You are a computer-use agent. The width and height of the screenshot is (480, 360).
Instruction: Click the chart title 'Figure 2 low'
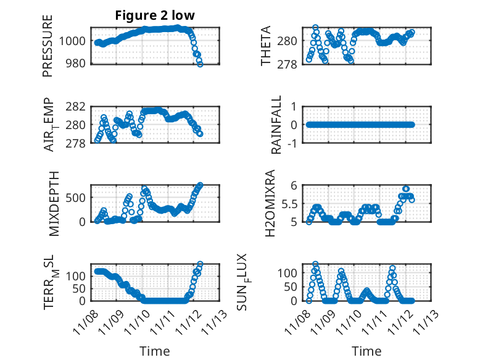click(x=155, y=16)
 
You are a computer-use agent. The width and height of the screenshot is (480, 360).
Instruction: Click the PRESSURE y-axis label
click(x=48, y=46)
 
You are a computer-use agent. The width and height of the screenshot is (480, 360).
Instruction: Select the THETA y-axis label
click(x=266, y=46)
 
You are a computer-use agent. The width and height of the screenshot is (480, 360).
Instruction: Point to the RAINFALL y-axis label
click(x=277, y=125)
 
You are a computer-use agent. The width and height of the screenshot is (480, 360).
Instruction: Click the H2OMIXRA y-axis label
click(x=270, y=203)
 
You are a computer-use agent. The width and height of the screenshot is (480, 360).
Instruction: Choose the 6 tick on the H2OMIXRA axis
click(x=298, y=185)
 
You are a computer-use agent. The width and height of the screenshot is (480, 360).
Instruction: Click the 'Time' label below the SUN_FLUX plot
click(x=366, y=351)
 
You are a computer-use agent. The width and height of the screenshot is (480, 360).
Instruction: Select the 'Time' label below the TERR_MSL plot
click(x=154, y=351)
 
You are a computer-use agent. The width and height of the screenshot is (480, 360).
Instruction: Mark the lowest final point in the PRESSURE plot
click(x=200, y=64)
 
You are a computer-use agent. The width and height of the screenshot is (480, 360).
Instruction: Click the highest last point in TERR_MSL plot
click(x=200, y=264)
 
